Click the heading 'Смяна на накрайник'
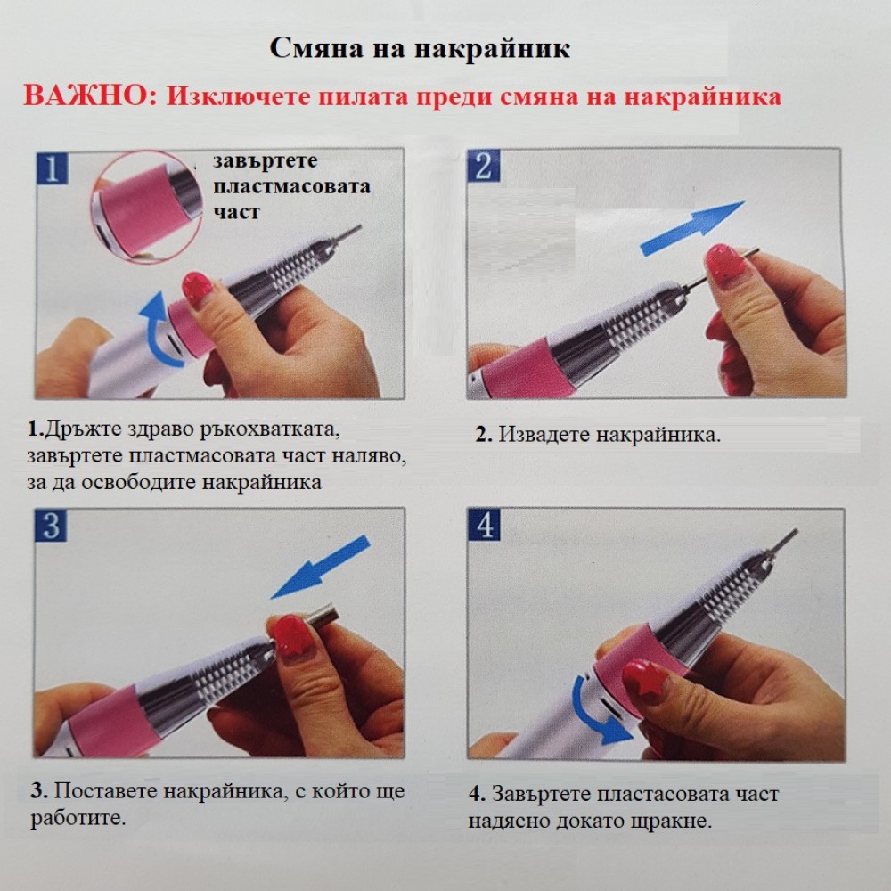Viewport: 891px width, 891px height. tap(420, 49)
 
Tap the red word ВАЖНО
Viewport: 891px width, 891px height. tap(89, 96)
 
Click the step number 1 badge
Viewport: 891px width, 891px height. tap(52, 168)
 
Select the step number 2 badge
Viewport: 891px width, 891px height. tap(484, 166)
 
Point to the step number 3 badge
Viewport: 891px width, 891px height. tap(51, 525)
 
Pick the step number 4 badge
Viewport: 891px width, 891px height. tap(485, 525)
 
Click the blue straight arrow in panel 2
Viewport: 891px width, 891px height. tap(692, 228)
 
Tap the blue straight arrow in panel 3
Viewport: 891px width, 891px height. tap(321, 567)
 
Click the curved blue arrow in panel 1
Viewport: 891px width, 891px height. tap(156, 330)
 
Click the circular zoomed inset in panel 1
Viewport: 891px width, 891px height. tap(147, 206)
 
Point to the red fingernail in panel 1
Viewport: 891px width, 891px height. tap(196, 289)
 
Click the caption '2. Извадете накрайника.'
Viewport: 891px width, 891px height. tap(598, 435)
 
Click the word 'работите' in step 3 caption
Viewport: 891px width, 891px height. tap(78, 818)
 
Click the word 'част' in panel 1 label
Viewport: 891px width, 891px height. tap(236, 213)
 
